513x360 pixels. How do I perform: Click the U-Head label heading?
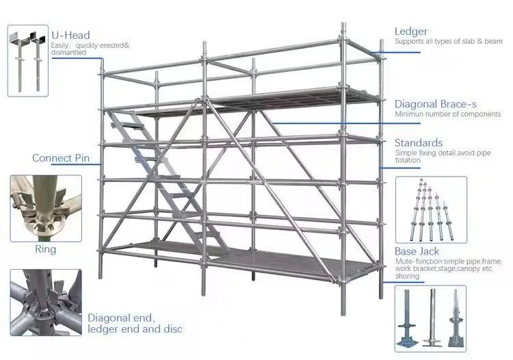70,35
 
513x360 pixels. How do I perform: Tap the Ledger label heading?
411,31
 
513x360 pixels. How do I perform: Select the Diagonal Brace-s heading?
435,104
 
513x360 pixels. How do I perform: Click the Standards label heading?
418,142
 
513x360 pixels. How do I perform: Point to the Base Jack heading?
416,252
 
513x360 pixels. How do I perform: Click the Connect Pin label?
60,158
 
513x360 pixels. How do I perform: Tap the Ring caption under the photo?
45,249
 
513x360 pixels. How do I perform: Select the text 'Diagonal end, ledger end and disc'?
135,324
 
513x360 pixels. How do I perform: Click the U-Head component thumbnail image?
28,62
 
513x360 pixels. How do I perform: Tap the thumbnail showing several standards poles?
431,208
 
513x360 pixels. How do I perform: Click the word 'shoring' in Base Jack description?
408,276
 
